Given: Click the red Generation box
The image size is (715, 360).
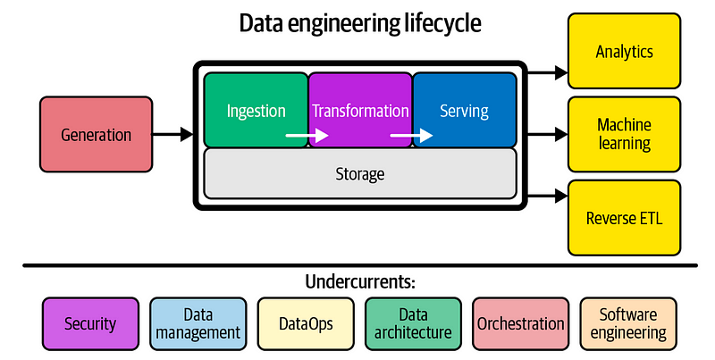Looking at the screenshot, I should pyautogui.click(x=96, y=135).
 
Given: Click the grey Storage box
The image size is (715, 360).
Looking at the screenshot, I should pyautogui.click(x=360, y=173).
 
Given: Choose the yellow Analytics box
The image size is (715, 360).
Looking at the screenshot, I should pyautogui.click(x=624, y=52).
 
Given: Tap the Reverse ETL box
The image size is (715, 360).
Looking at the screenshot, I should pyautogui.click(x=624, y=217).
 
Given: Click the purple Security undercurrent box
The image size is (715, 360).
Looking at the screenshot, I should pyautogui.click(x=90, y=322).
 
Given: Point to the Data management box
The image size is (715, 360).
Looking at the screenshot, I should pyautogui.click(x=198, y=322).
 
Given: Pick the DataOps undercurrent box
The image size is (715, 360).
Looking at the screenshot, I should pyautogui.click(x=306, y=322).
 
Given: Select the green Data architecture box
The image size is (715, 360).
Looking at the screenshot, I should pyautogui.click(x=413, y=322).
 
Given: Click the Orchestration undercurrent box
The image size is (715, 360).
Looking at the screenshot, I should pyautogui.click(x=520, y=322).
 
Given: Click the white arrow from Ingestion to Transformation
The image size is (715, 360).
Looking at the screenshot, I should pyautogui.click(x=307, y=137).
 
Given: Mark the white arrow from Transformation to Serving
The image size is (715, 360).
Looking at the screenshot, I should pyautogui.click(x=412, y=137).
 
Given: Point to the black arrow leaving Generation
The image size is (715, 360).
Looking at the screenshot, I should pyautogui.click(x=172, y=135).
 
